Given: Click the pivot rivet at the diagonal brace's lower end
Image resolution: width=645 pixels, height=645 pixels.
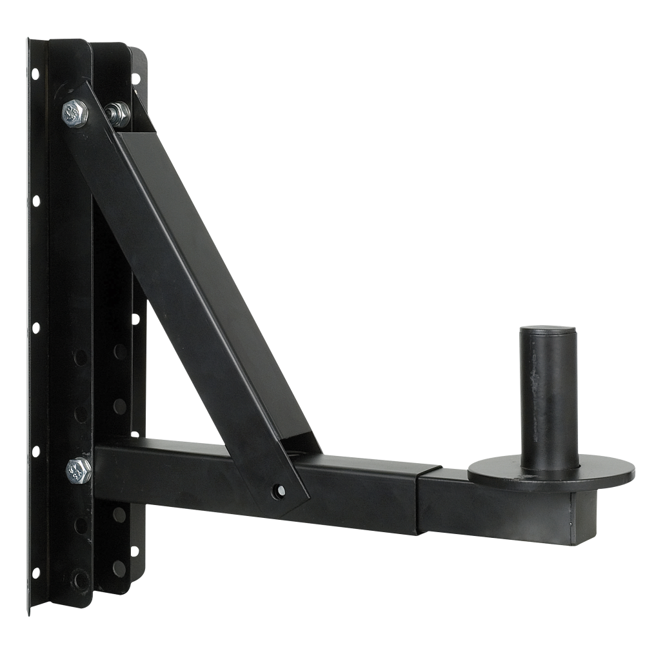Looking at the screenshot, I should (x=281, y=490).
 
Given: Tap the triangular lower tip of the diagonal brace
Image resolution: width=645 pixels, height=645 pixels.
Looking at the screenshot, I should (x=293, y=497).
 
